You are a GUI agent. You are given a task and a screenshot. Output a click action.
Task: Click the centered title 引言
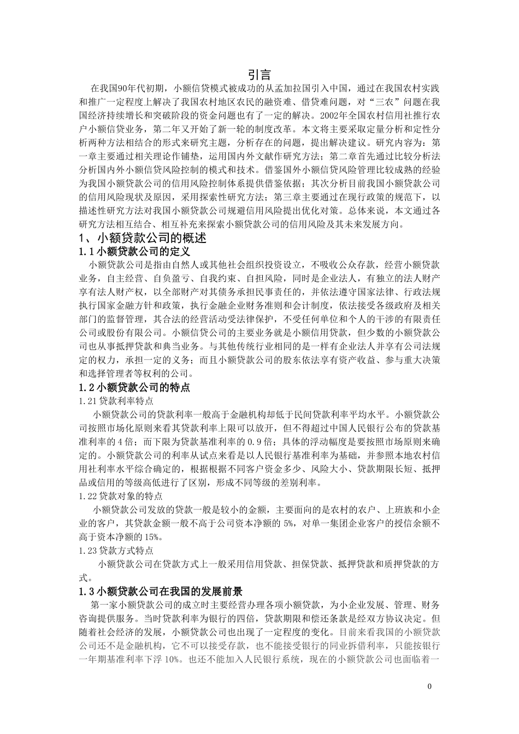click(259, 74)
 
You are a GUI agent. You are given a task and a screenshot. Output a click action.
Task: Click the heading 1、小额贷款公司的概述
click(143, 238)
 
